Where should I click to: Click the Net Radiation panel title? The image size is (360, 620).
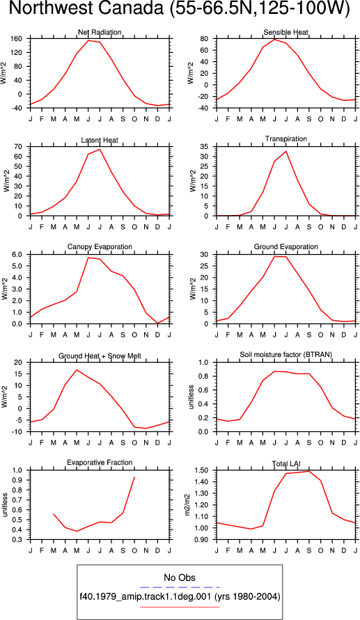100,32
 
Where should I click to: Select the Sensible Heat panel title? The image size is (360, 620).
286,32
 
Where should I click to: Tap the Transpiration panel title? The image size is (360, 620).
286,138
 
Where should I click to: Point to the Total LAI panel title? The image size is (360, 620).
286,463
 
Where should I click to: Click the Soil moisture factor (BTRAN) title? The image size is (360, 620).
286,355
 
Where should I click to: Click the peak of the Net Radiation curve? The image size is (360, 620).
88,40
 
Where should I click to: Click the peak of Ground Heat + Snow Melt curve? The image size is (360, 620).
77,369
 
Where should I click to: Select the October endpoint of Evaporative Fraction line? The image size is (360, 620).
134,477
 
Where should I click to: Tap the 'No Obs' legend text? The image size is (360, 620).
180,578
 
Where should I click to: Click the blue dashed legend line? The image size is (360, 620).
180,587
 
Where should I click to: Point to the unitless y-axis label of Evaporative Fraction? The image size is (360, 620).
5,504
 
